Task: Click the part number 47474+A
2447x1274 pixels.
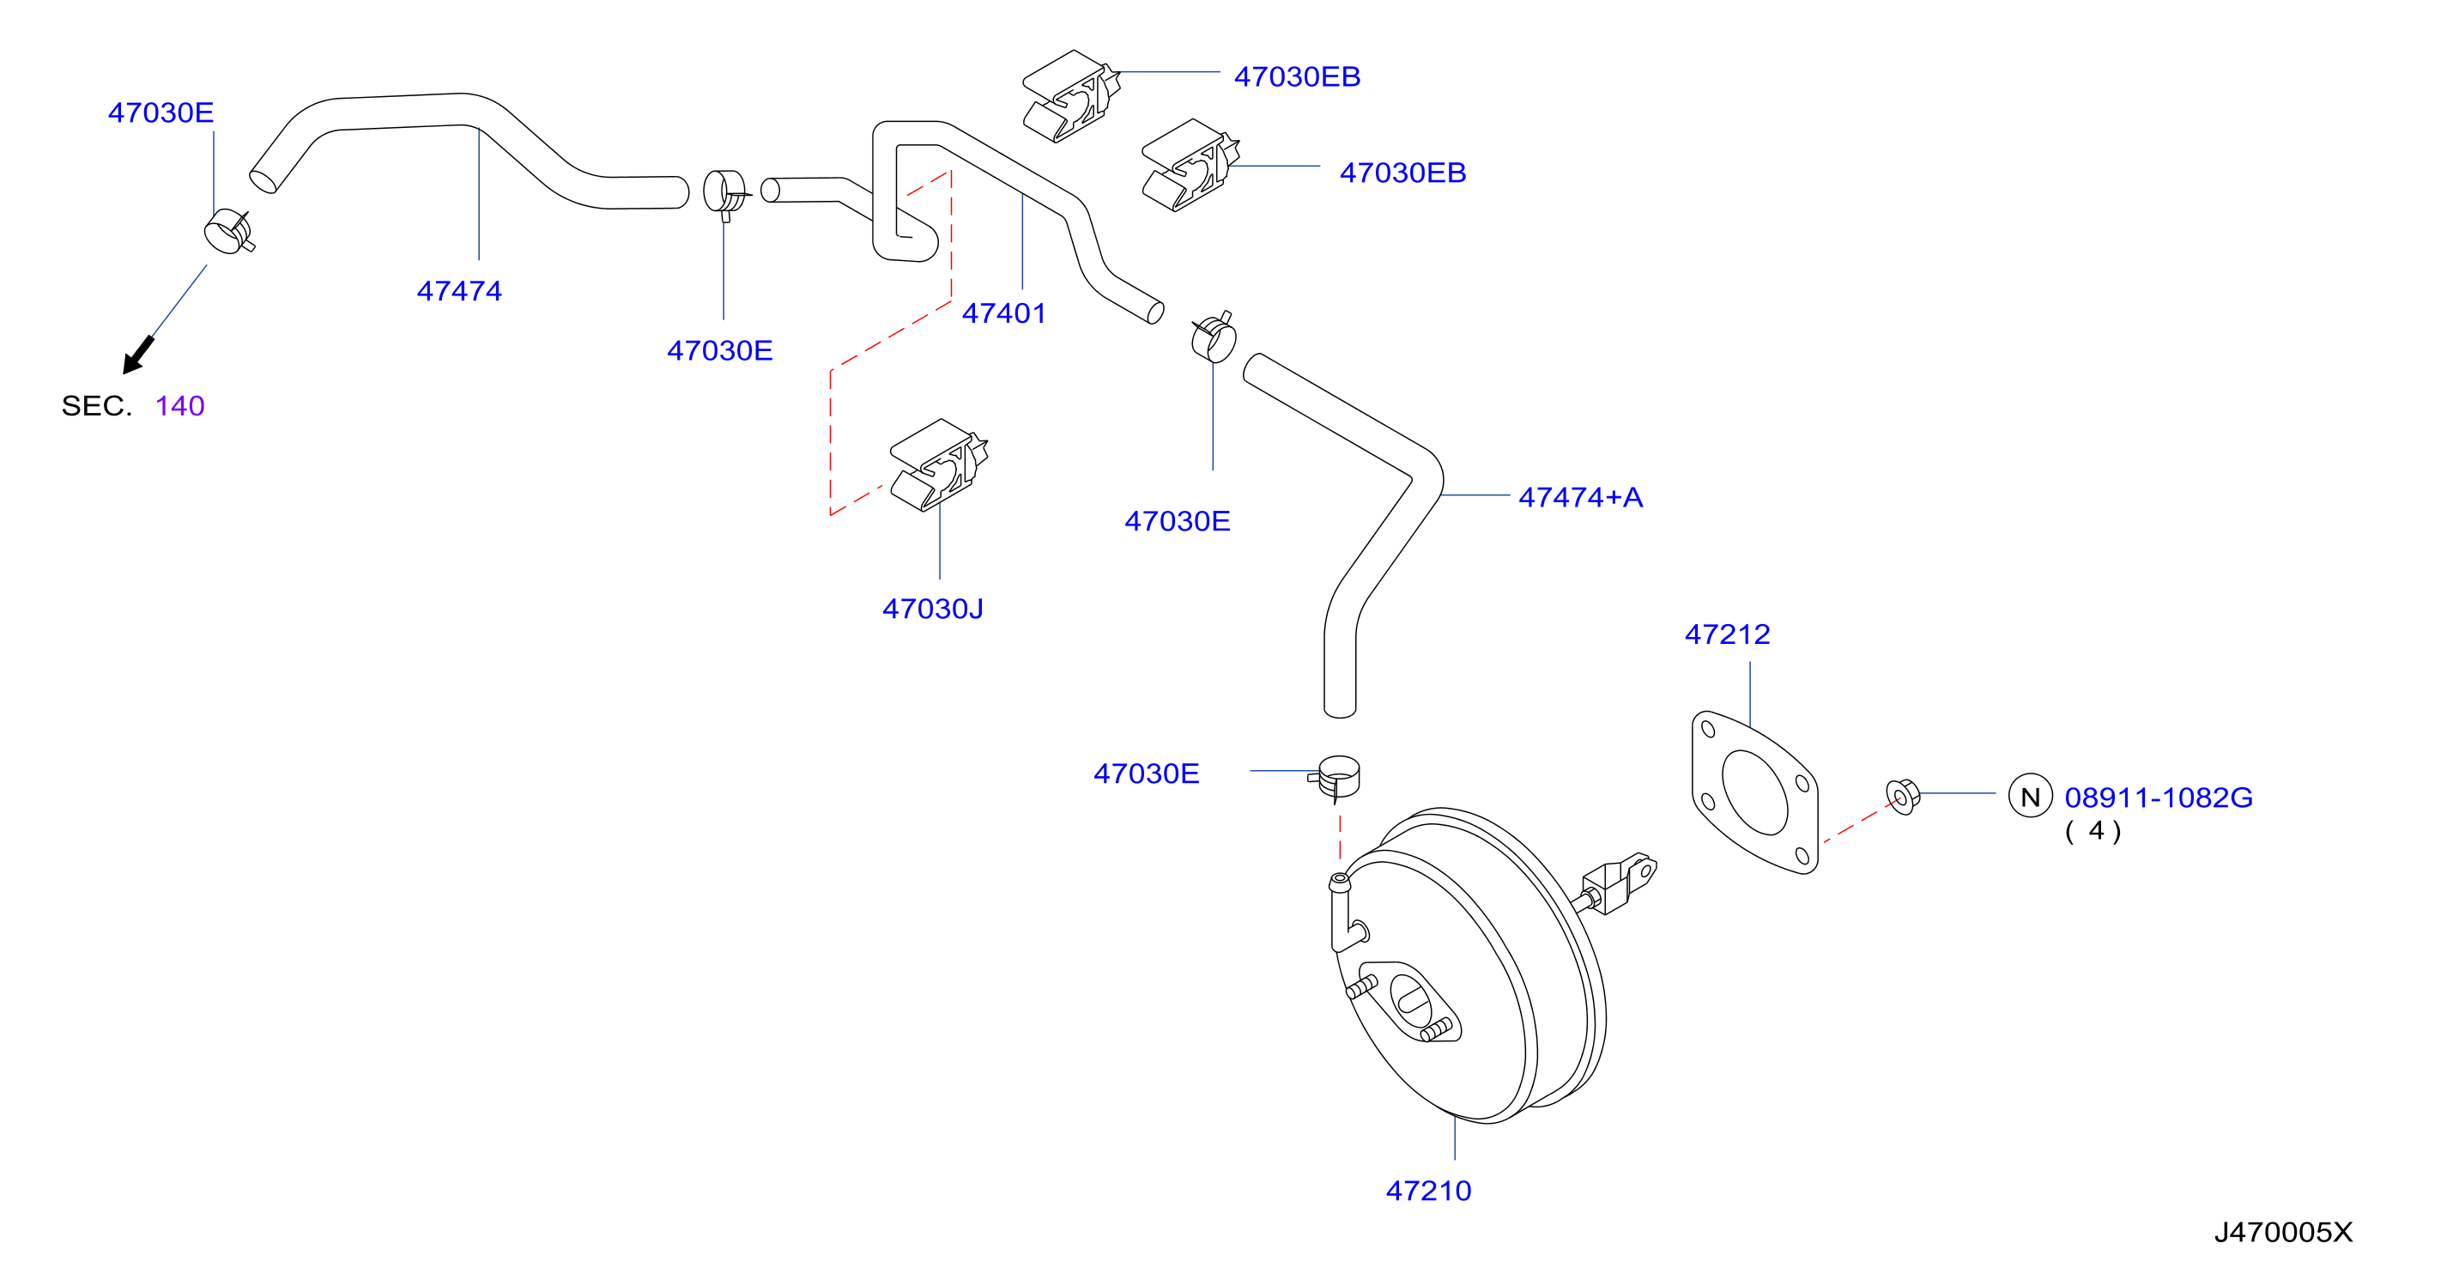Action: pos(1580,497)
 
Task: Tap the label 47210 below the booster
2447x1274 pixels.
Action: pos(1429,1191)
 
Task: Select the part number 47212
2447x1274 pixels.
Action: pos(1727,634)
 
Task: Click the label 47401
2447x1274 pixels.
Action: pos(1004,312)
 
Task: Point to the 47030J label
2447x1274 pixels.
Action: pos(933,608)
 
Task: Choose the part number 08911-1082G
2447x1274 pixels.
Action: pos(2159,797)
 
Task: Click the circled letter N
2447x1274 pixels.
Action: pos(2030,796)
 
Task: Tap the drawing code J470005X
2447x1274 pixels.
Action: pos(2284,1232)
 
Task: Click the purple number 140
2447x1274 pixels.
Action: pos(179,406)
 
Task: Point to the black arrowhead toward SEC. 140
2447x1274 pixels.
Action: pos(136,356)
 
